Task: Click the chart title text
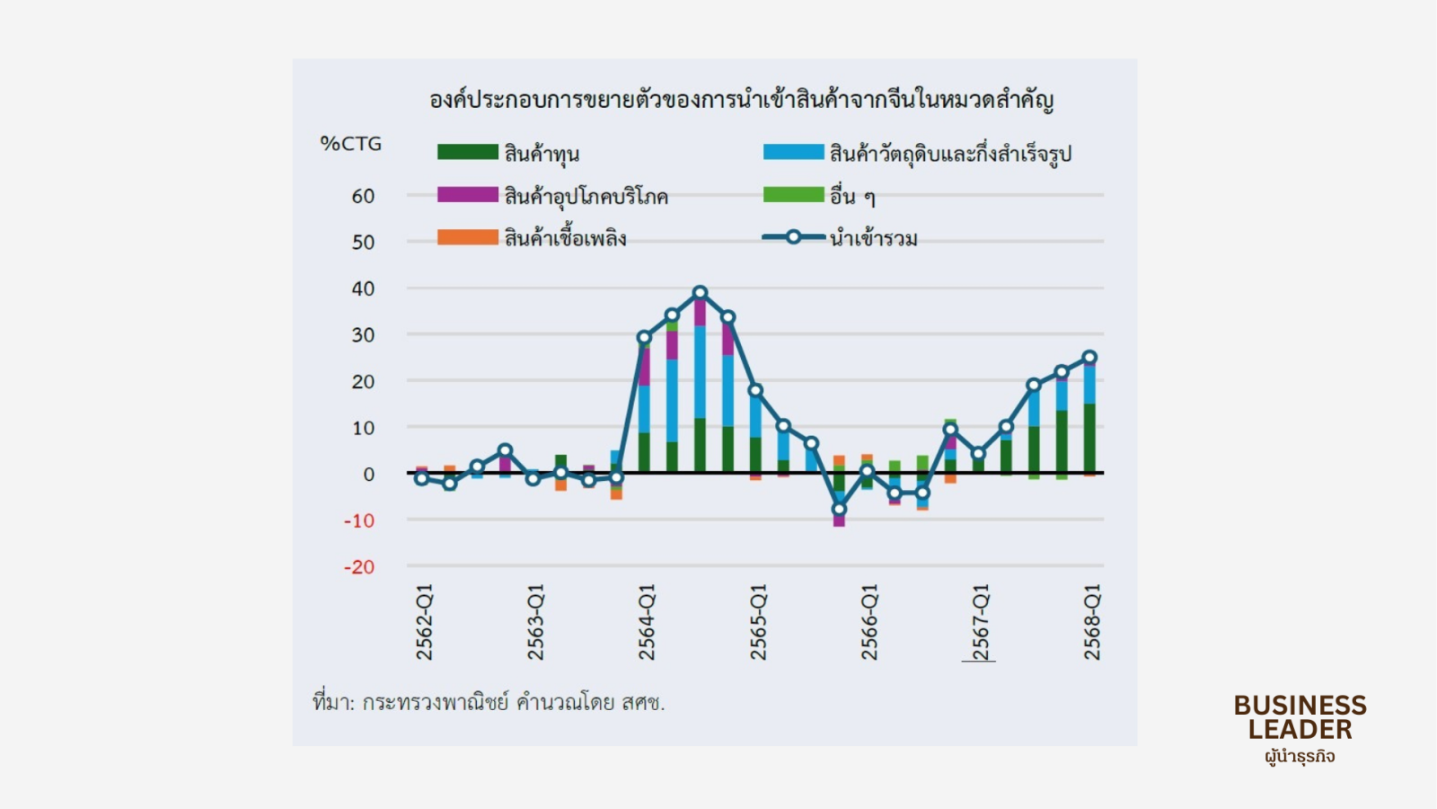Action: [x=741, y=100]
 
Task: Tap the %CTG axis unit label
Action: [x=351, y=144]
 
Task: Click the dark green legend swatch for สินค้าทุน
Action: [x=467, y=152]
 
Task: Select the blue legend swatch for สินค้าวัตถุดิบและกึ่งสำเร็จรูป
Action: [x=793, y=152]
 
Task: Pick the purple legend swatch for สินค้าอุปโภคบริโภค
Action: [x=467, y=195]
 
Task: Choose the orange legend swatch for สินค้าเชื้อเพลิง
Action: [x=467, y=237]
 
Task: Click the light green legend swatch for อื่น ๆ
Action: [x=793, y=195]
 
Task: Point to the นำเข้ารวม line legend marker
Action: [x=793, y=237]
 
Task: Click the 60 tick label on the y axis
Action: [x=363, y=196]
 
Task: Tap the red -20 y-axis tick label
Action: [x=359, y=567]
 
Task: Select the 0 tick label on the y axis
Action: [x=368, y=475]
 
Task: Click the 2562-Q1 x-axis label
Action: [x=425, y=622]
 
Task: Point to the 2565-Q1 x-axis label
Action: [x=759, y=622]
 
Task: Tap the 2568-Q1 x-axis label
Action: [x=1092, y=622]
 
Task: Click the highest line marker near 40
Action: [x=701, y=292]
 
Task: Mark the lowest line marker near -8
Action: [x=839, y=509]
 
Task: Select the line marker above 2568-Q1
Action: [x=1089, y=357]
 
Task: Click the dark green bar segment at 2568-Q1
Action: [x=1089, y=439]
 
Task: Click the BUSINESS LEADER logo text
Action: [x=1300, y=717]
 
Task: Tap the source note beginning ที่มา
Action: [x=489, y=702]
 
